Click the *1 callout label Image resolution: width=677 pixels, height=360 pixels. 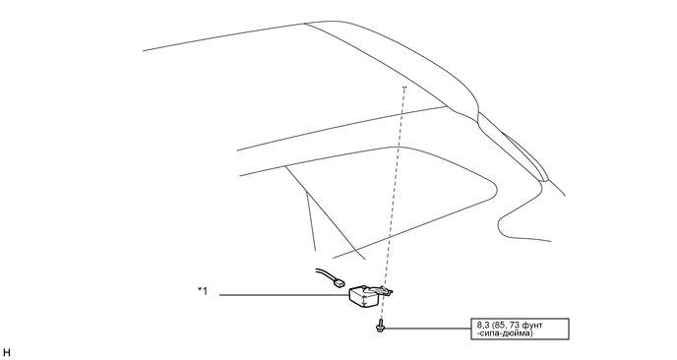pyautogui.click(x=202, y=290)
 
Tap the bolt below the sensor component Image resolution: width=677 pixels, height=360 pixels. pyautogui.click(x=378, y=325)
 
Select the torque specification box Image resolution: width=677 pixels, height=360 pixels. pyautogui.click(x=520, y=327)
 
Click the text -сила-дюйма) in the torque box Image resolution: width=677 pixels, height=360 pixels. pyautogui.click(x=503, y=332)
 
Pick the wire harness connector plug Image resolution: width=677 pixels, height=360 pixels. pyautogui.click(x=339, y=284)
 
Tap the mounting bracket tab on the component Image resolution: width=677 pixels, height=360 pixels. pyautogui.click(x=391, y=289)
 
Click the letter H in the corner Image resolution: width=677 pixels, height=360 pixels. pyautogui.click(x=8, y=351)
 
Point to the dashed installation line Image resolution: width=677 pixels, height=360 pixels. pyautogui.click(x=392, y=197)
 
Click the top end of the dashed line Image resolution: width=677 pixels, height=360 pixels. pyautogui.click(x=403, y=88)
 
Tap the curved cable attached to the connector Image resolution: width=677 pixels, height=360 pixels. pyautogui.click(x=324, y=275)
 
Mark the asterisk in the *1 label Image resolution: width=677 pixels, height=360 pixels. pyautogui.click(x=198, y=289)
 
